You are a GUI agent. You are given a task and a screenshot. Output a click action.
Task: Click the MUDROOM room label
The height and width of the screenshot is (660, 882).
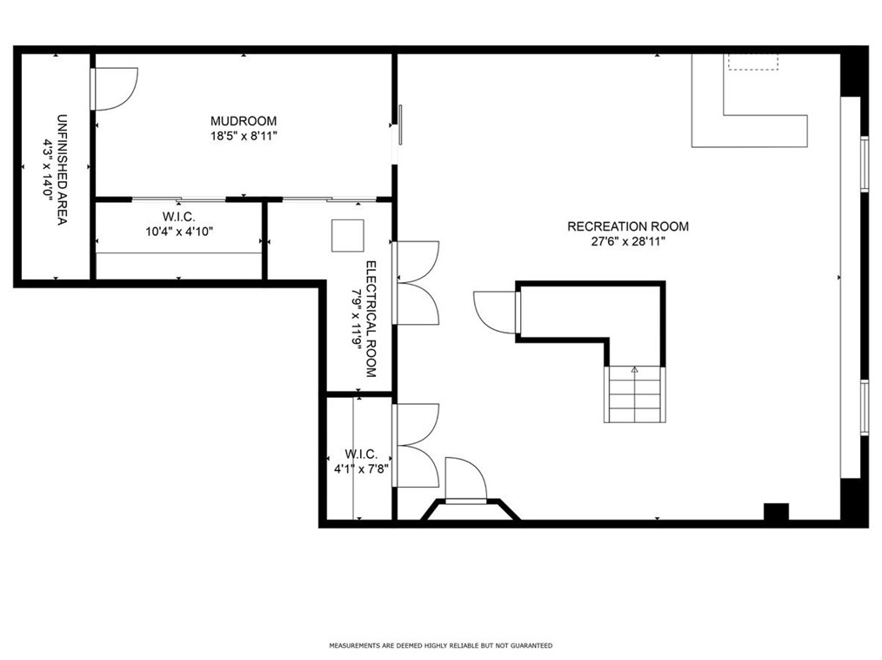click(x=244, y=121)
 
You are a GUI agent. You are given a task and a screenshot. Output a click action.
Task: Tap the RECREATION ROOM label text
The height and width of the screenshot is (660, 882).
click(x=628, y=226)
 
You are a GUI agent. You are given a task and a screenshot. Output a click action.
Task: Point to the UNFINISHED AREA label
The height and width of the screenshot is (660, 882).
click(x=63, y=170)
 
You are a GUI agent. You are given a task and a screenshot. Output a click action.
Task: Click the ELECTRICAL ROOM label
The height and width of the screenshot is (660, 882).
click(x=371, y=319)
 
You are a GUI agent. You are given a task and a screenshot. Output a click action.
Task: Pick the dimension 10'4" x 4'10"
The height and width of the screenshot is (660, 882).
click(x=179, y=232)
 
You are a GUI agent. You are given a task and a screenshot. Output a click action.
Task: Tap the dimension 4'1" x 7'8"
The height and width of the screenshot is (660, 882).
click(x=362, y=468)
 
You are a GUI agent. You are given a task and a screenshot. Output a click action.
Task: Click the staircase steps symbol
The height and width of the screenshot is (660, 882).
click(x=634, y=394)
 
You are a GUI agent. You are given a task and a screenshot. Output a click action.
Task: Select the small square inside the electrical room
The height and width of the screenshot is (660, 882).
click(x=348, y=235)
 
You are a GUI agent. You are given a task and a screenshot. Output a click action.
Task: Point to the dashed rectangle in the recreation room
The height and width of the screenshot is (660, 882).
click(x=753, y=62)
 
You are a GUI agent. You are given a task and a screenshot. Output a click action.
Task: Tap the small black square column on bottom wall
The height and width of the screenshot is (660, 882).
click(x=776, y=512)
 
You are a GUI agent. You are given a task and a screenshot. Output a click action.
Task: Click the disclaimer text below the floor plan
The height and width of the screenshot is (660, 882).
click(x=440, y=645)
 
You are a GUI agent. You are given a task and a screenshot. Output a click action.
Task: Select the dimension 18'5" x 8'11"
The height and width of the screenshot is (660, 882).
click(x=244, y=136)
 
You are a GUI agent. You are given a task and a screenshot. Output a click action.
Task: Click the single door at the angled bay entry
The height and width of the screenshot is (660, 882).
click(x=465, y=479)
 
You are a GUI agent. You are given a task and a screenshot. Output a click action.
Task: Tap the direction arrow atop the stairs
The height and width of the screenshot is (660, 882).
click(x=634, y=369)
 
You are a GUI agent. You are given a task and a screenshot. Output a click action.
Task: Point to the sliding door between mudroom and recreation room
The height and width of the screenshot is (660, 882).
click(x=400, y=125)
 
